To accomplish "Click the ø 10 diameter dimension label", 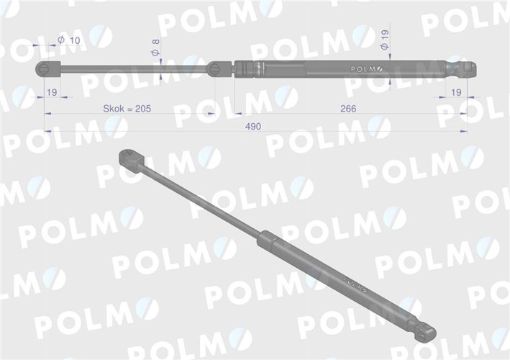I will [69, 40].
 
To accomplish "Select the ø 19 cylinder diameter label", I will [385, 40].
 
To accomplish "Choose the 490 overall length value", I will [252, 126].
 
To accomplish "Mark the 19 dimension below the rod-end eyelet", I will [52, 93].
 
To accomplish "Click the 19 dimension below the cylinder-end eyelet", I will [455, 93].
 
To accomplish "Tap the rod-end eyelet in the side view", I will [45, 68].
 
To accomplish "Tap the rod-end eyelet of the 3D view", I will [129, 157].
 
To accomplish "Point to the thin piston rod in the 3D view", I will [201, 198].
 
